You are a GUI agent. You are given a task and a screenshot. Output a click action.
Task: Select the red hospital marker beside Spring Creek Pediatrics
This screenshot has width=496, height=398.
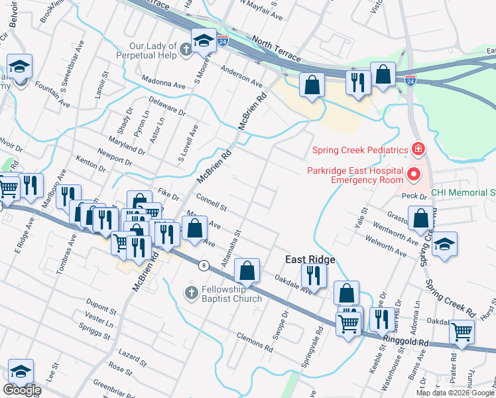click(x=418, y=148)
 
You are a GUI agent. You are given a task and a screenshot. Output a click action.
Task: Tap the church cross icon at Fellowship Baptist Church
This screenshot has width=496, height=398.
click(x=191, y=293)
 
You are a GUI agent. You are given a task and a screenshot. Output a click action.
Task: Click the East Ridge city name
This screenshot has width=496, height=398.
click(x=310, y=259)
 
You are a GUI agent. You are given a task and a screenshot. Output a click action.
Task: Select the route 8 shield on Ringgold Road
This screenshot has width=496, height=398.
click(x=204, y=265)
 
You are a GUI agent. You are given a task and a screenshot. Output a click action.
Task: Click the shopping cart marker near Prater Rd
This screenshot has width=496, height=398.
click(x=462, y=332)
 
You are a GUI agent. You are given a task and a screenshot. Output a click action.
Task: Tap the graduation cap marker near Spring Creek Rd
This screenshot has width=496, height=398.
click(x=445, y=243)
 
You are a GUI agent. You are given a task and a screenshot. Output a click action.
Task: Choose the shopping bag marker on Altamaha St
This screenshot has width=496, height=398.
click(x=247, y=269)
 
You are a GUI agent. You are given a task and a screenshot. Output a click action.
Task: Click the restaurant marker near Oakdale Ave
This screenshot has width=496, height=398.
click(x=314, y=275)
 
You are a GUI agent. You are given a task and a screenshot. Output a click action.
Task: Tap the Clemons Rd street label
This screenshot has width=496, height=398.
click(x=255, y=342)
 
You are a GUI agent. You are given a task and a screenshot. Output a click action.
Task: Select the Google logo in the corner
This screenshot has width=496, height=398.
click(x=22, y=389)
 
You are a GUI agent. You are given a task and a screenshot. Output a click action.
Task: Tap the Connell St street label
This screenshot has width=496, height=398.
click(x=212, y=202)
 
